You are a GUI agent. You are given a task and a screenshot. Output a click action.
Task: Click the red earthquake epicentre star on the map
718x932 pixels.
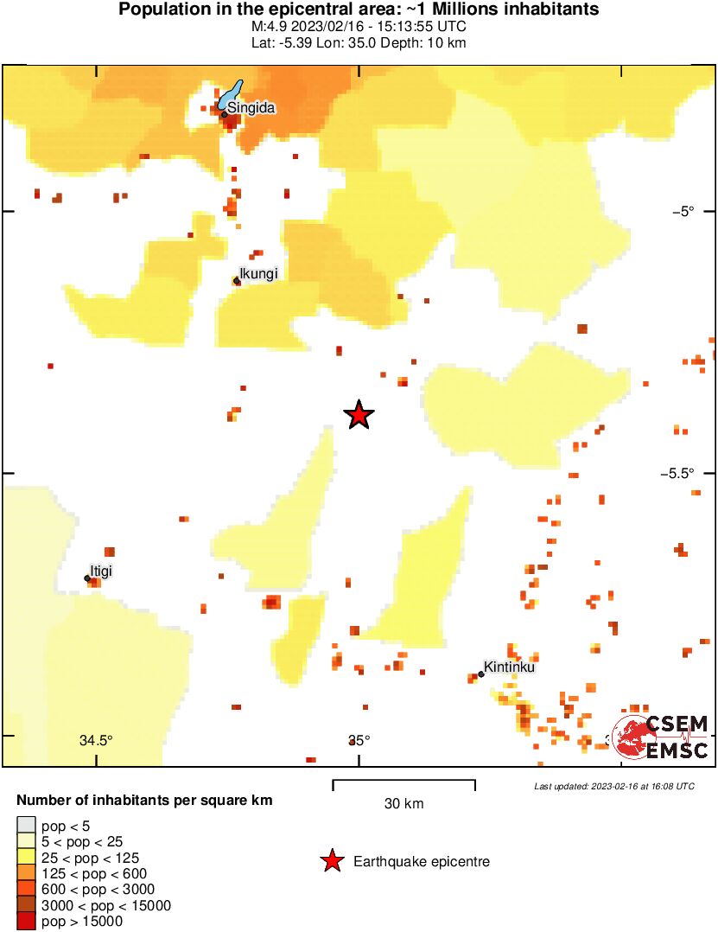pos(359,416)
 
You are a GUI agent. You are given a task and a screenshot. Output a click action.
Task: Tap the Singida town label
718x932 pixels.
pos(251,107)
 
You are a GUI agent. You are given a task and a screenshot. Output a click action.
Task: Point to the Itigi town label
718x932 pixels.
pos(102,570)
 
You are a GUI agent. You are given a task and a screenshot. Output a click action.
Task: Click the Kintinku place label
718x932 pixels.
pos(510,667)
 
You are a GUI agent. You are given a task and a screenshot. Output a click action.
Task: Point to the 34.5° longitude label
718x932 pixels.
pos(96,740)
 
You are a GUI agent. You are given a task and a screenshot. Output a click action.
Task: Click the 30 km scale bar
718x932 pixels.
pos(403,785)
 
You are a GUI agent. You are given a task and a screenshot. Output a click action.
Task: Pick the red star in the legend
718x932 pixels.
pos(331,861)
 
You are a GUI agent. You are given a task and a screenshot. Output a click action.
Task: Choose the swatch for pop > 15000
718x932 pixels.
pos(27,922)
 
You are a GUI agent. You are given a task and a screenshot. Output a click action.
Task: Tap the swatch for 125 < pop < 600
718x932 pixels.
pos(27,873)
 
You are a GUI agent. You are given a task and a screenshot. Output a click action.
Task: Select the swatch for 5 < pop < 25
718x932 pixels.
pos(27,841)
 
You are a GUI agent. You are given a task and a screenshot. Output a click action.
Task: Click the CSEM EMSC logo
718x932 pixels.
pos(661,737)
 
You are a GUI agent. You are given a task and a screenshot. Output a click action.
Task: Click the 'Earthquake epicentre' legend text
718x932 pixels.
pos(422,862)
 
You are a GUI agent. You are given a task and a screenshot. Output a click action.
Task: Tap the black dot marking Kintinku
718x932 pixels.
pos(480,674)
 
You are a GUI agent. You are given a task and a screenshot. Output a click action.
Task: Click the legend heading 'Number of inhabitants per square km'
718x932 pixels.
pos(145,801)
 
